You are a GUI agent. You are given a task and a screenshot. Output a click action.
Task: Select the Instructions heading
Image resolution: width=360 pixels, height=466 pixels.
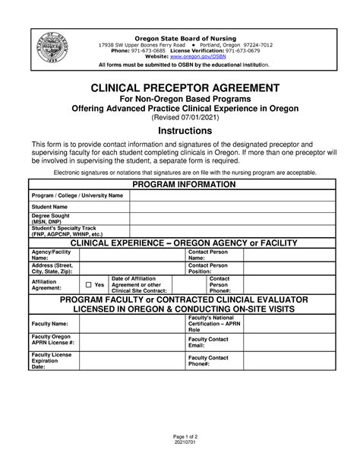tap(180, 131)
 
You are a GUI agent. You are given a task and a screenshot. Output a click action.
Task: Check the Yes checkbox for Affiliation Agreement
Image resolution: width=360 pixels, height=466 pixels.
tap(88, 284)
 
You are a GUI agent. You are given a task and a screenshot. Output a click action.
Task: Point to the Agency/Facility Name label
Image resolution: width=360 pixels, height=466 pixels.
tap(52, 255)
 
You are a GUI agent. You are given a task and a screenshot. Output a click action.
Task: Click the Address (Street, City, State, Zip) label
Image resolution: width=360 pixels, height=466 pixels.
tap(52, 268)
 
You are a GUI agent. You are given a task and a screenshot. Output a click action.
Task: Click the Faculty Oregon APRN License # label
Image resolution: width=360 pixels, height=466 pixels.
tap(51, 340)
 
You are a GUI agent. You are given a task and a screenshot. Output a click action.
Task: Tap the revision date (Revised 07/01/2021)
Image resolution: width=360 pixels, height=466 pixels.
tap(180, 119)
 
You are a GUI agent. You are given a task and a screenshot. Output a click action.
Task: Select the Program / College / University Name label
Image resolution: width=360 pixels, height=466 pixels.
tap(76, 195)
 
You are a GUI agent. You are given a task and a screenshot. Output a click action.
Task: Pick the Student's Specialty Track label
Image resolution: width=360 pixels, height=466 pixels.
tap(68, 231)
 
